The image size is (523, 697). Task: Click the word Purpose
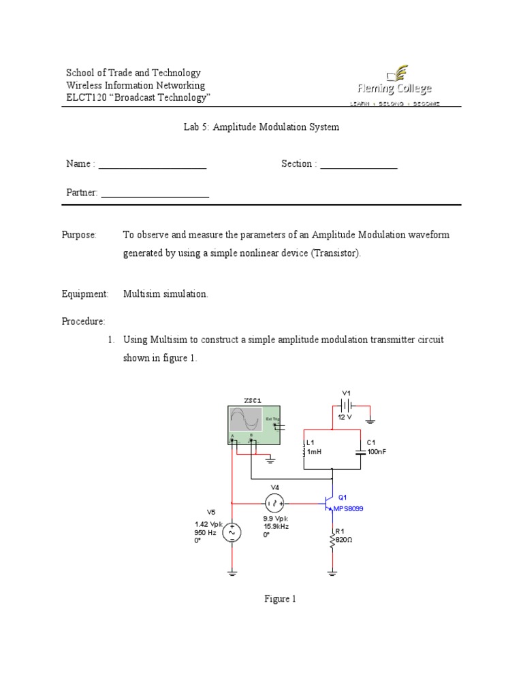(x=80, y=235)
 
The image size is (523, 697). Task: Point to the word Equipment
(x=85, y=294)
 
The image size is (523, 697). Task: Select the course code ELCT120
(x=86, y=97)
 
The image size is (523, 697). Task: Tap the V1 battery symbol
(x=346, y=404)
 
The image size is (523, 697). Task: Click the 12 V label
(x=345, y=417)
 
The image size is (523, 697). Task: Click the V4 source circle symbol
(x=275, y=503)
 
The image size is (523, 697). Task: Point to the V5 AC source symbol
(x=232, y=532)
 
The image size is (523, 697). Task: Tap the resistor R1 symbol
(x=332, y=540)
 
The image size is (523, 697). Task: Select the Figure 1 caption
(x=281, y=599)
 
